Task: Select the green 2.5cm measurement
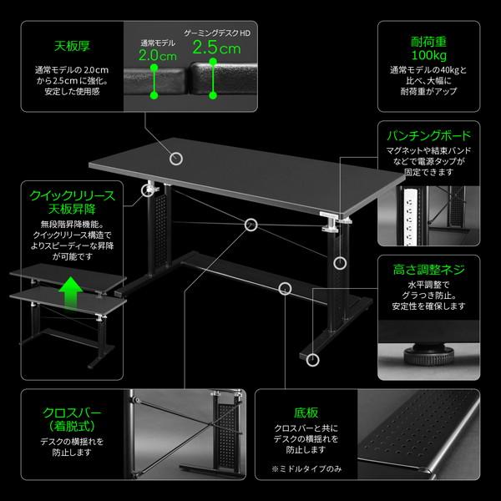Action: (x=216, y=48)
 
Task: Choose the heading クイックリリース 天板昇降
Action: (x=72, y=200)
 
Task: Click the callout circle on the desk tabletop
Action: (x=176, y=159)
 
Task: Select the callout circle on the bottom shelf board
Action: (x=286, y=289)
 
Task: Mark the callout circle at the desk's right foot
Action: (x=312, y=361)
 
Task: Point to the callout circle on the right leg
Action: (x=339, y=263)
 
